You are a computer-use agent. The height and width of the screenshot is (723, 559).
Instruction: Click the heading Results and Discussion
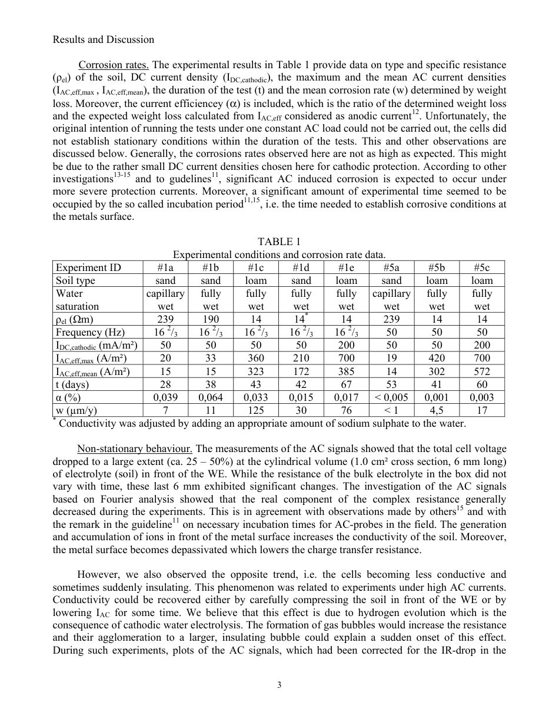104,39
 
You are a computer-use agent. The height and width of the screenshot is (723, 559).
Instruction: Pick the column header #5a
391,268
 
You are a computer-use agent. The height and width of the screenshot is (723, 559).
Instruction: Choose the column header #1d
301,268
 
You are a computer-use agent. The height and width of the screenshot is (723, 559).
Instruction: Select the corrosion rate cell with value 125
256,410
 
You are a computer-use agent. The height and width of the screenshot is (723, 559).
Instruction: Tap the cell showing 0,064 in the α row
211,397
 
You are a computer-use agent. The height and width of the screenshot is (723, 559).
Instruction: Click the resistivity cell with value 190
211,319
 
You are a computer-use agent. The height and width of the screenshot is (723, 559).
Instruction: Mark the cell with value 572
481,371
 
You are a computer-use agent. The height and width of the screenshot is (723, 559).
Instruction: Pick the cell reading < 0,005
391,397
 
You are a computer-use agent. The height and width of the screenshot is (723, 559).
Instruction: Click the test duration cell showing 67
346,384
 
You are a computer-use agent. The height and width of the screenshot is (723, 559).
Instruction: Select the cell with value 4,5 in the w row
437,410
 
